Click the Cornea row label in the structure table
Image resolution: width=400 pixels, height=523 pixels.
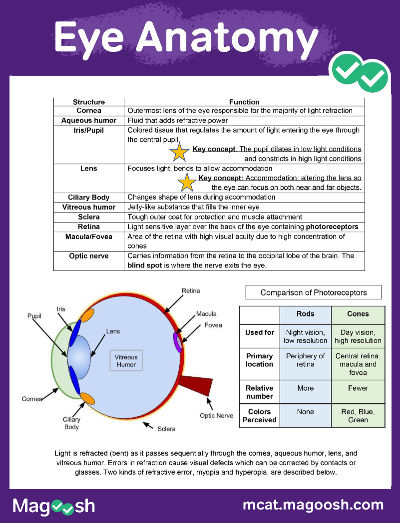point(89,111)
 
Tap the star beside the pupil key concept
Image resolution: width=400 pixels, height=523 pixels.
point(179,152)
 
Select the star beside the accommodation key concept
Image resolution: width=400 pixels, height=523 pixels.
point(187,183)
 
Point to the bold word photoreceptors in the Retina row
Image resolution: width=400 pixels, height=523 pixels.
point(332,227)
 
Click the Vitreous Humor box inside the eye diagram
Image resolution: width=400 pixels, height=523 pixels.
point(126,360)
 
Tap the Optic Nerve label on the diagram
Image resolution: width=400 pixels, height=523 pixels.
point(216,415)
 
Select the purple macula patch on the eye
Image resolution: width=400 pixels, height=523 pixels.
point(178,342)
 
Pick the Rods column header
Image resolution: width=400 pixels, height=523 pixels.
point(305,314)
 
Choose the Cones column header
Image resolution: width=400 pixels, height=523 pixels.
point(358,314)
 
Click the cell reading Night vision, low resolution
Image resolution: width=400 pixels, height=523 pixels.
point(305,336)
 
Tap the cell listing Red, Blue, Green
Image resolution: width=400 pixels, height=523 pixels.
point(358,416)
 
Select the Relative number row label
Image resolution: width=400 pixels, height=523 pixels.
point(259,392)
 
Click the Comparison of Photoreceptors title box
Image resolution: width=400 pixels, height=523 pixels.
point(313,292)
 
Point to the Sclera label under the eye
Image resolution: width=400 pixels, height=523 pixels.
point(166,429)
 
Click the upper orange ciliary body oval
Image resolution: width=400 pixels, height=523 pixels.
point(87,315)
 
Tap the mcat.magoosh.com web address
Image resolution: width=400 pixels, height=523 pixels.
point(313,505)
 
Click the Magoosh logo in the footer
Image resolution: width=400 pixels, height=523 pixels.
point(54,506)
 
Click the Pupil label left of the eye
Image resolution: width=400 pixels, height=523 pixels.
point(34,316)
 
